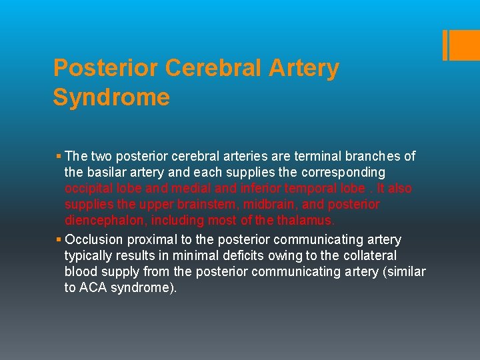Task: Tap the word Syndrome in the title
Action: pos(111,97)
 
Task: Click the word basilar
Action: pos(107,172)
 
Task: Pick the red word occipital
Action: pos(89,188)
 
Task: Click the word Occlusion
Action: pos(93,239)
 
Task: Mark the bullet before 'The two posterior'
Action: pos(59,157)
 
